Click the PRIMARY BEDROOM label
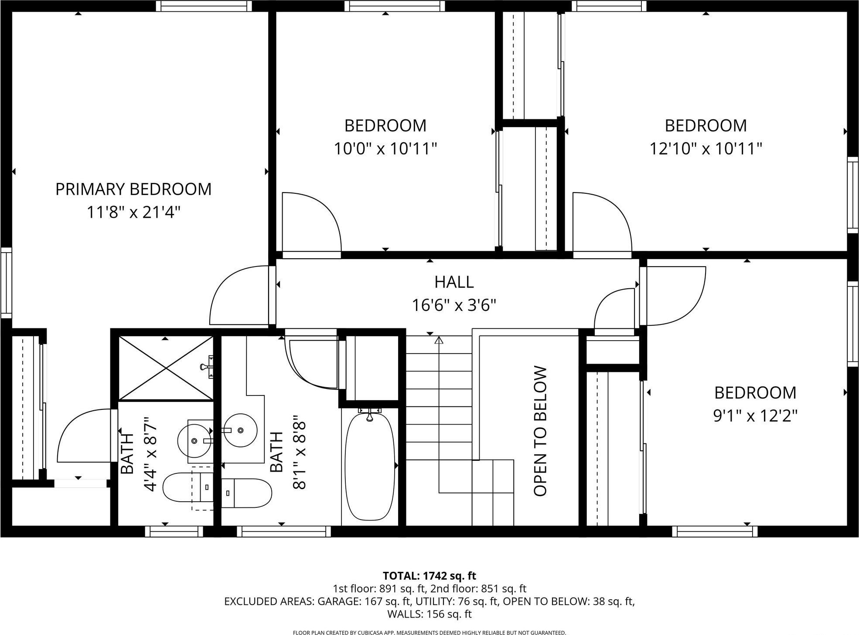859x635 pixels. [x=133, y=189]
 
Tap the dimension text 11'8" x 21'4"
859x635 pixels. [x=133, y=213]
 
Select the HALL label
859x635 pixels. [x=454, y=282]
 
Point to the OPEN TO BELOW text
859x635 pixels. [x=540, y=431]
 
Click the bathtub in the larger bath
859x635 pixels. [x=370, y=466]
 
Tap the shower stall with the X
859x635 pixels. [x=166, y=368]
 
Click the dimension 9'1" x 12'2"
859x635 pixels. [x=755, y=416]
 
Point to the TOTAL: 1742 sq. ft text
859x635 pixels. [x=429, y=576]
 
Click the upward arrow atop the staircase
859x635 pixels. [x=439, y=340]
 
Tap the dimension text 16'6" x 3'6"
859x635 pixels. [x=454, y=306]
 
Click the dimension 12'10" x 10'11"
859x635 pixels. [x=706, y=149]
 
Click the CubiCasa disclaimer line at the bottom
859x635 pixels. [x=429, y=632]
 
